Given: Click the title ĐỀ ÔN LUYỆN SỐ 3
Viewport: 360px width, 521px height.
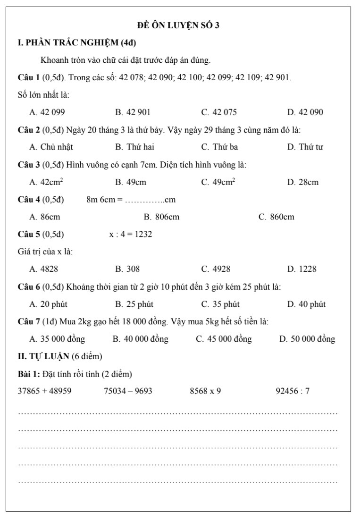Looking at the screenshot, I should click(178, 25).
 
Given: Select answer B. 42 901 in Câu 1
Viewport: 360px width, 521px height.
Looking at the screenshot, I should click(133, 112).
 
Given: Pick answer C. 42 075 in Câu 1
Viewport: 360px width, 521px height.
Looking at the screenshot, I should click(219, 112).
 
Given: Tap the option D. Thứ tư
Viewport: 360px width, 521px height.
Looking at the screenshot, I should click(305, 147).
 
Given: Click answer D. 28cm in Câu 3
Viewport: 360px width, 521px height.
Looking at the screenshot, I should click(303, 182).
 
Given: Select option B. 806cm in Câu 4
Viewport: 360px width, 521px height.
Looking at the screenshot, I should click(161, 217).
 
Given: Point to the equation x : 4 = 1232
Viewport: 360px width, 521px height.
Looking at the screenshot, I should click(131, 235).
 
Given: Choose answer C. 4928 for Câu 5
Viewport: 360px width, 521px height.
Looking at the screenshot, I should click(216, 269).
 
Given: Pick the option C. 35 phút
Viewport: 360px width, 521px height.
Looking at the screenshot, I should click(220, 304).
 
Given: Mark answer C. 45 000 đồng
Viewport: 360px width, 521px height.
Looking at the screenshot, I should click(224, 339).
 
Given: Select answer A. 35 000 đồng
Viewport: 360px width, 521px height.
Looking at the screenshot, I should click(57, 339).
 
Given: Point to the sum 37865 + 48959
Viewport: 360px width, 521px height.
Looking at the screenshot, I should click(44, 391).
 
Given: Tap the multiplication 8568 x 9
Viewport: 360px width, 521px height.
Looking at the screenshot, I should click(205, 391).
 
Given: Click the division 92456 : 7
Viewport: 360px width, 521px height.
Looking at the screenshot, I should click(293, 391).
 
